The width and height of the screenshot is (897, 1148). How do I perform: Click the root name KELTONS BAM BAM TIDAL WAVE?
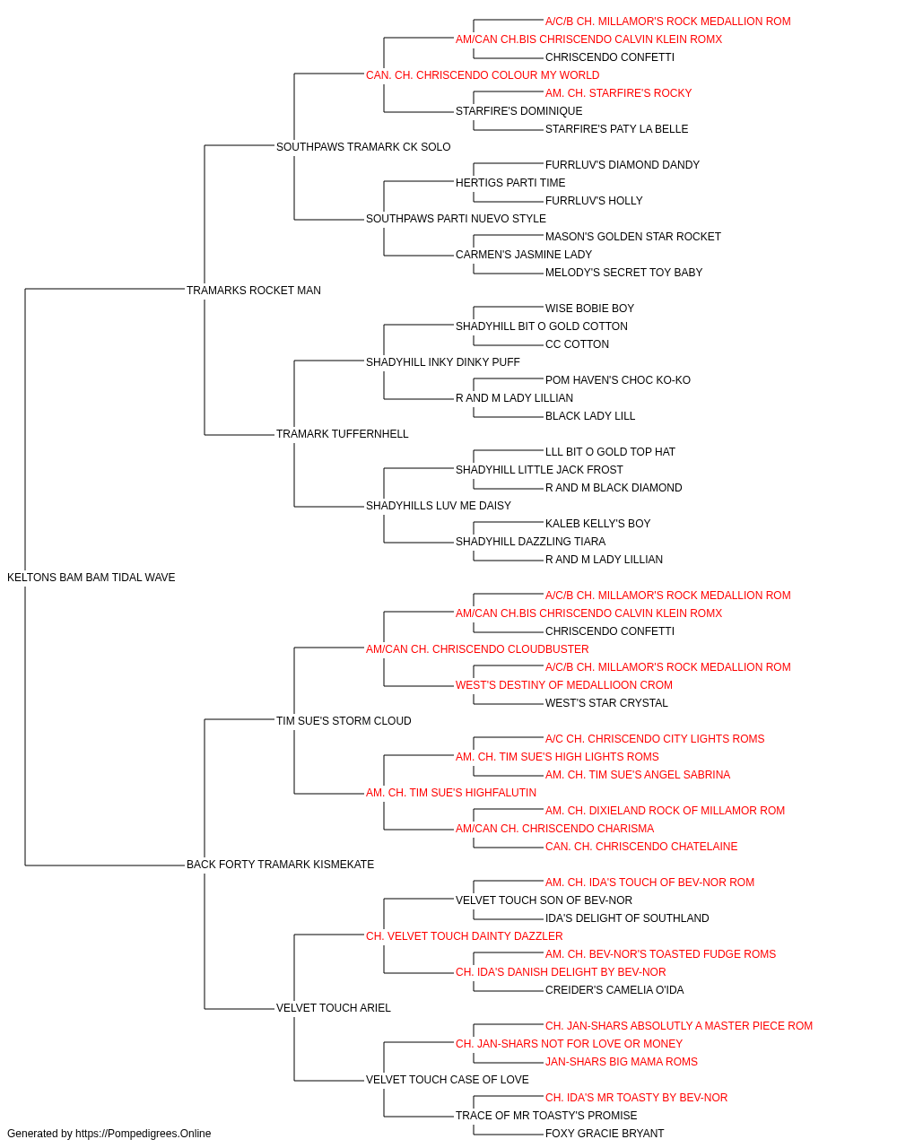pyautogui.click(x=91, y=578)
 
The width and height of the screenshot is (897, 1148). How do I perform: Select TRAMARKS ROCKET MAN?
pyautogui.click(x=254, y=291)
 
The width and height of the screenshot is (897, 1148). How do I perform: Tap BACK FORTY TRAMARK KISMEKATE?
pyautogui.click(x=280, y=865)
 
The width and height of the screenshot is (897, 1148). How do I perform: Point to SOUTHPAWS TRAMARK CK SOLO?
pyautogui.click(x=363, y=147)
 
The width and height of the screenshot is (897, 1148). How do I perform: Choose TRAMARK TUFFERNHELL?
pyautogui.click(x=343, y=434)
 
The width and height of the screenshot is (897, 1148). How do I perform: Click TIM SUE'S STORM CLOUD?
pyautogui.click(x=344, y=721)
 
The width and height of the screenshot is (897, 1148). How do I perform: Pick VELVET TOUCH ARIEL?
pyautogui.click(x=334, y=1008)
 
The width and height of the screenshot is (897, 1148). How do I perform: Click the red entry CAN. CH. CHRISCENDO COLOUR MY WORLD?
pyautogui.click(x=483, y=75)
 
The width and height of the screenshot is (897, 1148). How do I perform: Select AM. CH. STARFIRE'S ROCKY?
pyautogui.click(x=618, y=93)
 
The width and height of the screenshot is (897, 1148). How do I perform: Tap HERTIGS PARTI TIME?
pyautogui.click(x=510, y=183)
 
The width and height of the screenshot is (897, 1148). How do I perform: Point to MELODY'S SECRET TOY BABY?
pyautogui.click(x=624, y=273)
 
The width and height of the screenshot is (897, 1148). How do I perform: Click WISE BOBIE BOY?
pyautogui.click(x=589, y=309)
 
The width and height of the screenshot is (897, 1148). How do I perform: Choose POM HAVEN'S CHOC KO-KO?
pyautogui.click(x=617, y=380)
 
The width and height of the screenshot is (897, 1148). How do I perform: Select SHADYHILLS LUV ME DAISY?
pyautogui.click(x=439, y=506)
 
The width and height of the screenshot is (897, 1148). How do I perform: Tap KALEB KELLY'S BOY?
pyautogui.click(x=597, y=524)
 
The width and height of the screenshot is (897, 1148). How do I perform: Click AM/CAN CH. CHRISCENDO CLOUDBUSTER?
pyautogui.click(x=477, y=649)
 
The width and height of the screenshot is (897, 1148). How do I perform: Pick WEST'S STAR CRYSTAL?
pyautogui.click(x=606, y=703)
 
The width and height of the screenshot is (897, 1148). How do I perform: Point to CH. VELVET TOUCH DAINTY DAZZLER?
pyautogui.click(x=465, y=936)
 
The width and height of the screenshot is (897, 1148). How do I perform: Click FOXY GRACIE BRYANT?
pyautogui.click(x=605, y=1134)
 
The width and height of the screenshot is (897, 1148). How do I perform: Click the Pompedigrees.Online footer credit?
pyautogui.click(x=109, y=1134)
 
